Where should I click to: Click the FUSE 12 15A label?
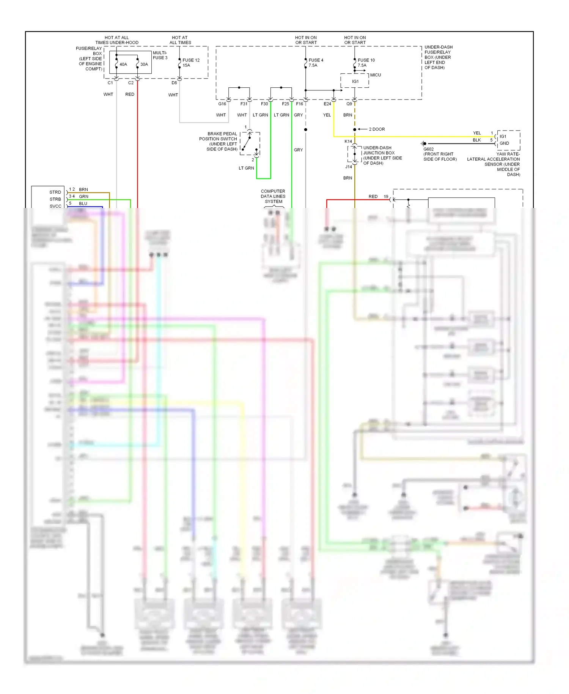(191, 63)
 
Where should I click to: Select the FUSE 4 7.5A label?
(316, 63)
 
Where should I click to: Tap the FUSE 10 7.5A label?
(366, 63)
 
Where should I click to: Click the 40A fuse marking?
(123, 65)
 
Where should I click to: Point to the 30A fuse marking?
(144, 65)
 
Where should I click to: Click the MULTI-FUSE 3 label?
(160, 55)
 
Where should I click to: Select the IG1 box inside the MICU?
(355, 81)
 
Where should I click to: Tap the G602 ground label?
(428, 149)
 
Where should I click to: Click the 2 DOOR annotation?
(377, 129)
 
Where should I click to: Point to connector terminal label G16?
(222, 104)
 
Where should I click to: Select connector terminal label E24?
(327, 104)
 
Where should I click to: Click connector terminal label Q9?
(349, 104)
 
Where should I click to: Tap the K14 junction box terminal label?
(348, 141)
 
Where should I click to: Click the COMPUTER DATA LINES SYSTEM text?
(273, 196)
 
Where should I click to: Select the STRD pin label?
(55, 192)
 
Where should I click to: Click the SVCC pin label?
(55, 206)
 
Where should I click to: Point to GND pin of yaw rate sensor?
(504, 143)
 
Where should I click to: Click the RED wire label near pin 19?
(373, 197)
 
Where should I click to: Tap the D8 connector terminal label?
(174, 83)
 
